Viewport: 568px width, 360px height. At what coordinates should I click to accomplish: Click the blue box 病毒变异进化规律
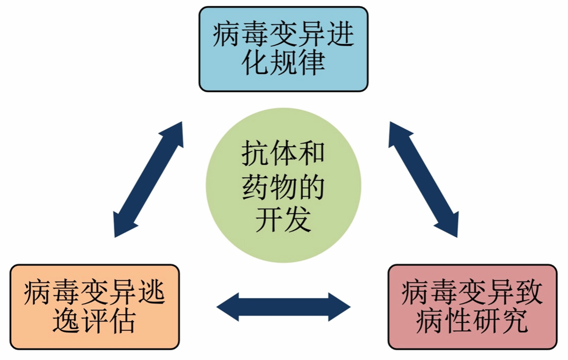click(x=283, y=49)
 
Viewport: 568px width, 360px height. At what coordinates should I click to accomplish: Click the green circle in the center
click(x=283, y=185)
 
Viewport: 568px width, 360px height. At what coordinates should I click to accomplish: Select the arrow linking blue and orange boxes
click(x=149, y=179)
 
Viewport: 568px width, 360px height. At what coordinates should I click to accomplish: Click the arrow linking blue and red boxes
click(x=423, y=179)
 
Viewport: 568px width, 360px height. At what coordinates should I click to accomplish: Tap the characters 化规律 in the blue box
click(x=283, y=63)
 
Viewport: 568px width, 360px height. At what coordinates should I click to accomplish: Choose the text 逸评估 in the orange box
click(x=95, y=321)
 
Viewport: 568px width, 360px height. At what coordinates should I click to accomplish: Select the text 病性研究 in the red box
click(x=472, y=321)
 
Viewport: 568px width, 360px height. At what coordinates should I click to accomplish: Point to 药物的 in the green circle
click(x=283, y=188)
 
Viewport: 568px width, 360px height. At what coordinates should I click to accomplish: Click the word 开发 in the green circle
click(x=283, y=220)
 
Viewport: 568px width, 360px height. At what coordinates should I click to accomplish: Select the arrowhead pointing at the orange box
click(x=122, y=224)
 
